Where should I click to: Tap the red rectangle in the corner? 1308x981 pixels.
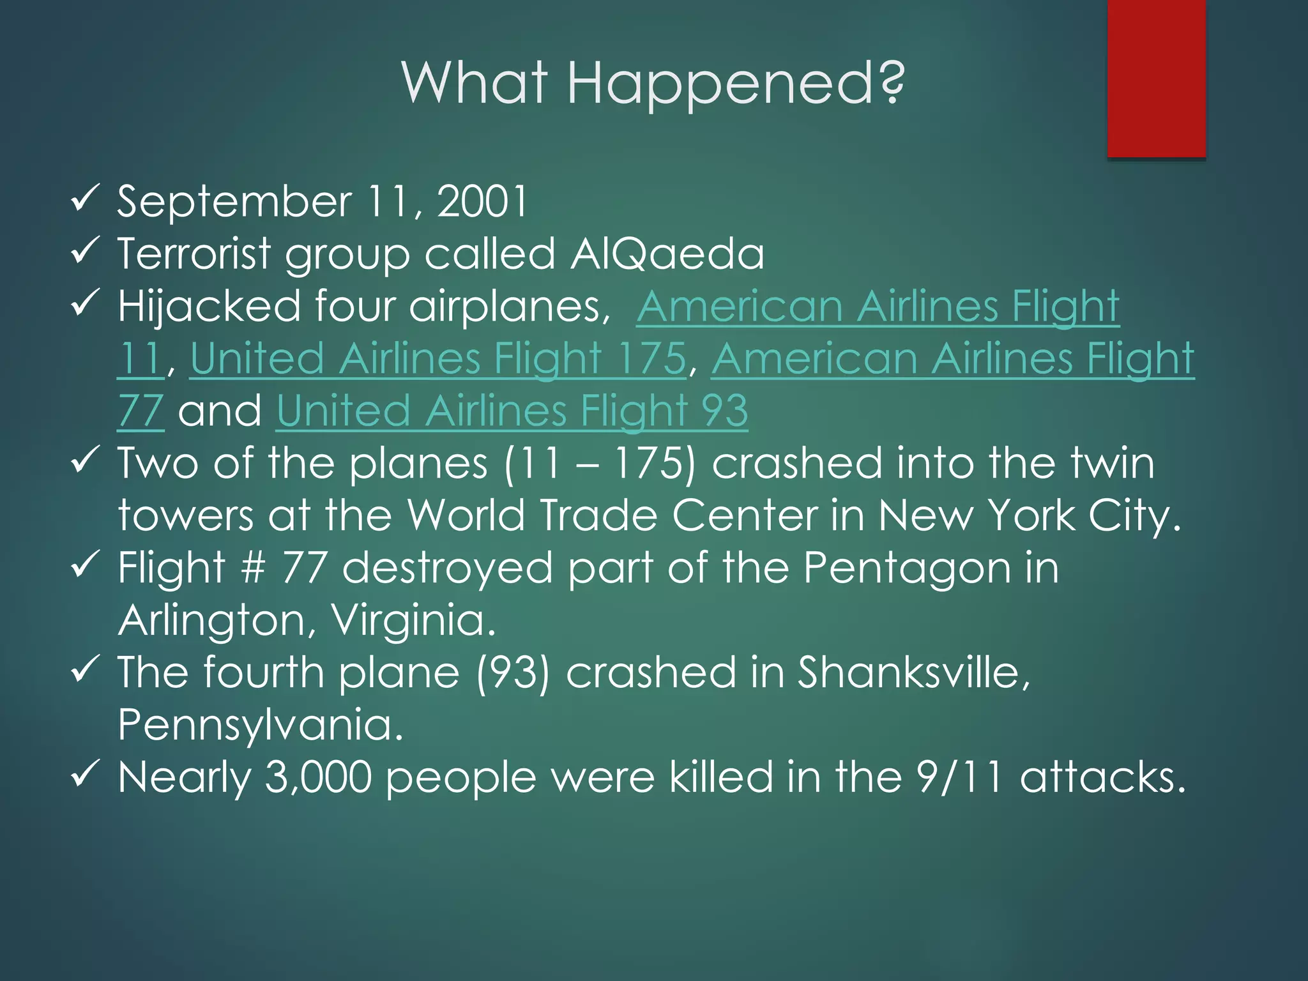click(1156, 78)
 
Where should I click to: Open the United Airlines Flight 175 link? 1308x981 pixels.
click(437, 359)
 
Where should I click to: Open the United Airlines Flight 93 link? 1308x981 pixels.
click(512, 411)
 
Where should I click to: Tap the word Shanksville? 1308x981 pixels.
click(913, 673)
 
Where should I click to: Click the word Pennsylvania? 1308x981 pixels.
click(261, 726)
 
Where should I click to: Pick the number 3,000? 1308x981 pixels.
click(317, 778)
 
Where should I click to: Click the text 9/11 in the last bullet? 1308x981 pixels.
click(959, 778)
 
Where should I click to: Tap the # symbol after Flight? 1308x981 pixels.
click(253, 568)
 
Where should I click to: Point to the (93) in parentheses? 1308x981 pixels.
click(512, 673)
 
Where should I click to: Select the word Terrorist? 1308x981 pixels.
click(194, 254)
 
